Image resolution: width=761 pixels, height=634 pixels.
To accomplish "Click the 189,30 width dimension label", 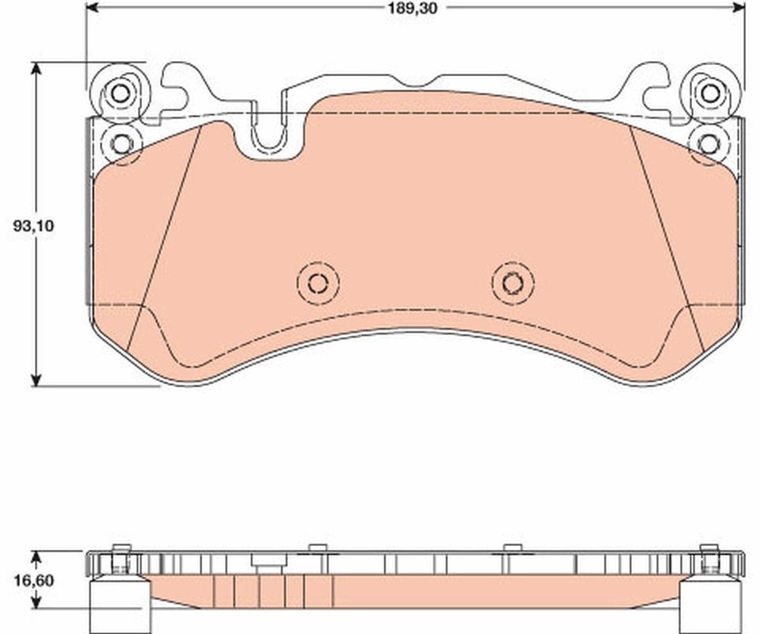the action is tap(413, 8).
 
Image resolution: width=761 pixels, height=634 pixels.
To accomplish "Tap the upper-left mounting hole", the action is tap(120, 94).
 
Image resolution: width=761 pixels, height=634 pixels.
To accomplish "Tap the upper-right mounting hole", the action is tap(710, 92).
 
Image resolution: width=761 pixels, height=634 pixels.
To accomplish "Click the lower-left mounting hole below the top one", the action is tap(121, 143).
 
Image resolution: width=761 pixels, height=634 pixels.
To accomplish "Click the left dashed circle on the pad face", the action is tap(318, 283).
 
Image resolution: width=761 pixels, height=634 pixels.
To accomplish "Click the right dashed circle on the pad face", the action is tap(512, 282).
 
